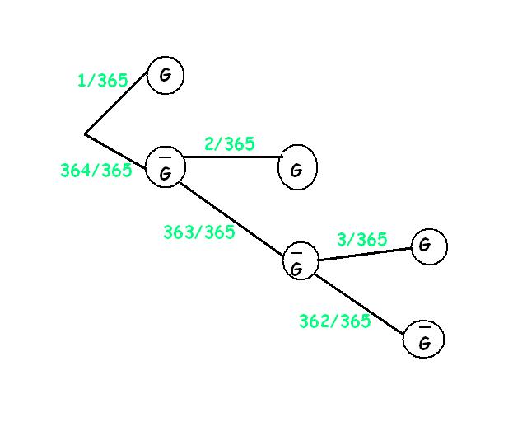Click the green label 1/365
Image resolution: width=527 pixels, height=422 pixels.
tap(102, 81)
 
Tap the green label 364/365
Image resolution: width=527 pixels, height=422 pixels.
tap(96, 171)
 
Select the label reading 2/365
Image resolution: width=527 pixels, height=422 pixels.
tap(229, 144)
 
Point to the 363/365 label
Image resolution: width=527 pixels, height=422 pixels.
tap(198, 232)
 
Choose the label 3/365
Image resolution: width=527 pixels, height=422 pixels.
tap(361, 240)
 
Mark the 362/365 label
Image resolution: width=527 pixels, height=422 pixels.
tap(334, 321)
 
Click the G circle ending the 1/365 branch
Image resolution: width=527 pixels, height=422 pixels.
tap(166, 76)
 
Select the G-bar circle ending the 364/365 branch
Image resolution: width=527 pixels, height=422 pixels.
tap(166, 167)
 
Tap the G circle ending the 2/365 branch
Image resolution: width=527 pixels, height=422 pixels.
tap(297, 169)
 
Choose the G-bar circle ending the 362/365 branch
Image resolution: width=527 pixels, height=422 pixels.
tap(424, 339)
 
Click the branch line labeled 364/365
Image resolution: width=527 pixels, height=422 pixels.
tap(116, 149)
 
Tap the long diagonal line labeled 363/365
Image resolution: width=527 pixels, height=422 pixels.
tap(233, 216)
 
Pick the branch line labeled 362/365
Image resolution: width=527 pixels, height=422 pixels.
tap(360, 301)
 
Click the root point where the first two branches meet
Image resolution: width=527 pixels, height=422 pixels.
tap(85, 134)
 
